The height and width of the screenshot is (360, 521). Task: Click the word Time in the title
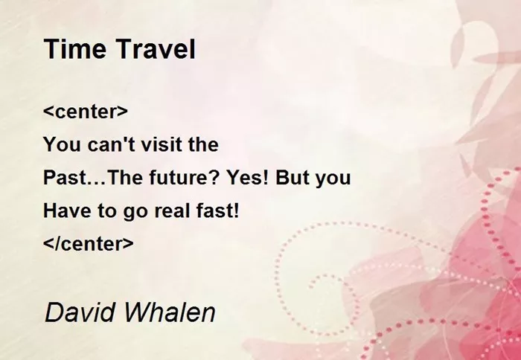point(75,49)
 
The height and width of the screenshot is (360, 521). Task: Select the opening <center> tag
point(86,112)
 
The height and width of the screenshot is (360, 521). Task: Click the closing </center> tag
point(89,243)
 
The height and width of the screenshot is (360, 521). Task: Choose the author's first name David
point(80,312)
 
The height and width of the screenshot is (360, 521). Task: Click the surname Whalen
point(170,312)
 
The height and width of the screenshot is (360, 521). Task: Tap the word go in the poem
point(135,213)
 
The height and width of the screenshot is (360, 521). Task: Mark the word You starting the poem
point(62,144)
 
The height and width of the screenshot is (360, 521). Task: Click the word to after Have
point(106,210)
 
